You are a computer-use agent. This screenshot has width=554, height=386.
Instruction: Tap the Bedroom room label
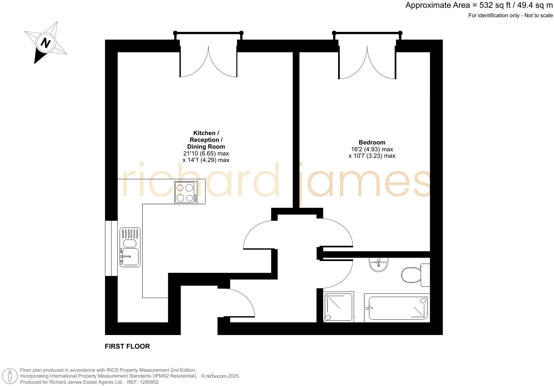point(372,143)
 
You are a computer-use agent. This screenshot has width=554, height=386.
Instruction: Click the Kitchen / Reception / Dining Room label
point(206,140)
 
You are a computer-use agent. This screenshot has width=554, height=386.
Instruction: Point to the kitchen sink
point(130,247)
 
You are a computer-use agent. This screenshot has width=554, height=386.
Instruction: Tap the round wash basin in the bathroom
point(379,265)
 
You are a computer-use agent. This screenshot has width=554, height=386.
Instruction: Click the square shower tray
point(338,307)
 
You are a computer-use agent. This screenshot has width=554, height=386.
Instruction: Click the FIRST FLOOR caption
point(127,346)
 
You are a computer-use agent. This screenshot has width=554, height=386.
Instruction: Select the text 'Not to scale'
point(538,16)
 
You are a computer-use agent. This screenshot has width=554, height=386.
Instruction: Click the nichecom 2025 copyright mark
point(220,376)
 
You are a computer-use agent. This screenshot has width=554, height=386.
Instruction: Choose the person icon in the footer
point(10,376)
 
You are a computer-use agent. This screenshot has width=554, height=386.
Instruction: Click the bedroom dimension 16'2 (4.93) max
point(372,149)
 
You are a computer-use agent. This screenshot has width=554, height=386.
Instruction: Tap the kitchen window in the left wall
point(111,248)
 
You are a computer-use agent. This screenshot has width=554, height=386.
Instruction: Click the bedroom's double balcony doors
point(367,63)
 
